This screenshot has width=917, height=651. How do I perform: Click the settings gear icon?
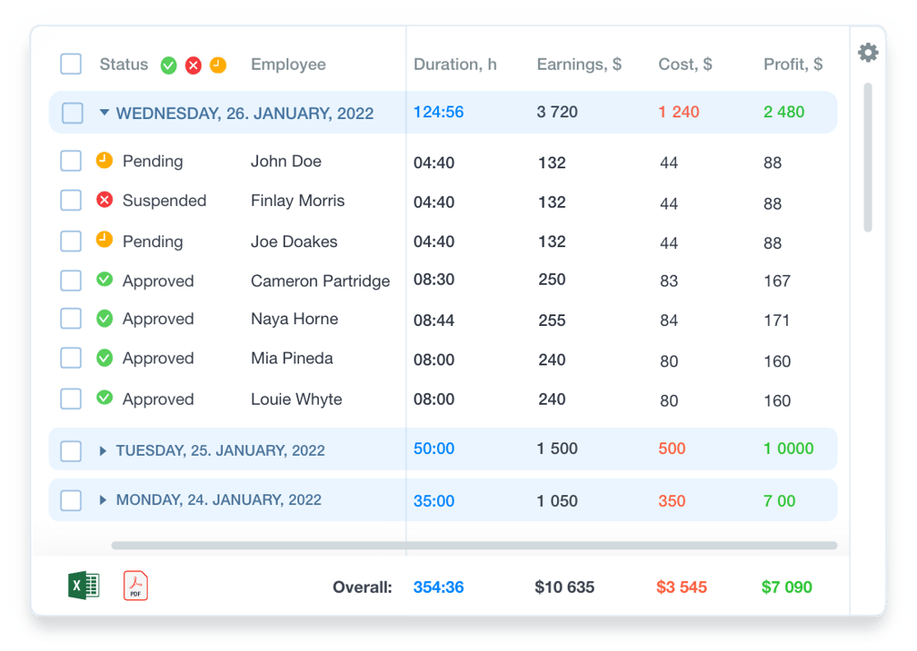868,53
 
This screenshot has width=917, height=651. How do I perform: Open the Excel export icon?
83,586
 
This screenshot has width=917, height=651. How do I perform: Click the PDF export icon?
136,586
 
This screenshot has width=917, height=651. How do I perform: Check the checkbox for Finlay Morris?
71,200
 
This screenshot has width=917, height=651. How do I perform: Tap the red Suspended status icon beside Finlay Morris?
105,200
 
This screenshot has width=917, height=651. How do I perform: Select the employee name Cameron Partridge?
320,281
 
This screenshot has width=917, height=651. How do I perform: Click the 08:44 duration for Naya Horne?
434,320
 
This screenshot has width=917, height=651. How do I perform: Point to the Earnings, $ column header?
579,64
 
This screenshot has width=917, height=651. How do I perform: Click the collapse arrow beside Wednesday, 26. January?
104,112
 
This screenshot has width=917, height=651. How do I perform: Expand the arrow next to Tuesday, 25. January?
103,450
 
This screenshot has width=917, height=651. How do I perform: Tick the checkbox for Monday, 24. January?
71,500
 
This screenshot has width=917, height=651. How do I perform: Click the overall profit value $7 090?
786,587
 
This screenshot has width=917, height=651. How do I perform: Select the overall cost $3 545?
681,587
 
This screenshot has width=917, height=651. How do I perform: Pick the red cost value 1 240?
679,112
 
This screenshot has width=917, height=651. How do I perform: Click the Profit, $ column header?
793,64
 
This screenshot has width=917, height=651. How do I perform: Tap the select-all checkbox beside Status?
71,64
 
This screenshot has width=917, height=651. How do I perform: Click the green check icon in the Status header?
169,65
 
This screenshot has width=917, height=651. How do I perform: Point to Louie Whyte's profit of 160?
777,400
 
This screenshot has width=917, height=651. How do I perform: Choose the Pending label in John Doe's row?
152,161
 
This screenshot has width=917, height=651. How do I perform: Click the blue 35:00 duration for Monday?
434,501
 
